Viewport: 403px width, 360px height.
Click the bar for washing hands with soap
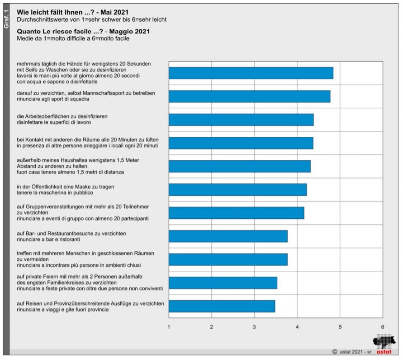(x=251, y=73)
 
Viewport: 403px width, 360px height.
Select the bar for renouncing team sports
(x=249, y=96)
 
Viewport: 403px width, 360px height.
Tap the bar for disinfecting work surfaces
(x=241, y=120)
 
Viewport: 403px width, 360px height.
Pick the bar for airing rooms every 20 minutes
(x=241, y=143)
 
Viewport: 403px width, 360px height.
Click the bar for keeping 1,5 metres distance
(x=239, y=166)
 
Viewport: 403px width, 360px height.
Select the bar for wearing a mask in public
(x=237, y=190)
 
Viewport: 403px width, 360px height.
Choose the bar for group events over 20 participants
(x=236, y=213)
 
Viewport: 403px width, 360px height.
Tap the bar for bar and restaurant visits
(x=228, y=236)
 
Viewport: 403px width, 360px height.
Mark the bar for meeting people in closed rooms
(x=228, y=259)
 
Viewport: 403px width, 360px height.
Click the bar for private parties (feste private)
(x=223, y=283)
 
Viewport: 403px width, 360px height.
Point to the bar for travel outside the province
(x=222, y=306)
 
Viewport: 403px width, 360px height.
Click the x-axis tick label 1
(x=169, y=326)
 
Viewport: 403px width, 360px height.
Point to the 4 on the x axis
(x=297, y=326)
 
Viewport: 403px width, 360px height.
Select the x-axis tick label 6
(x=383, y=326)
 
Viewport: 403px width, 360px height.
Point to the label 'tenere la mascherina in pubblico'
(x=55, y=193)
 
